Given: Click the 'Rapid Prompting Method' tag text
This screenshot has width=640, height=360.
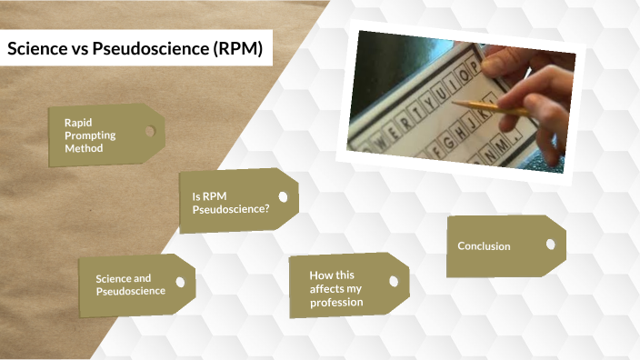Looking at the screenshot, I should [x=84, y=135].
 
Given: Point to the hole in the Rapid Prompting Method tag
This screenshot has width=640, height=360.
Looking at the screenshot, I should [x=149, y=132].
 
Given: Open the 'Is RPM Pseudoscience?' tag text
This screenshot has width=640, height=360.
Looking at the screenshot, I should [x=230, y=202].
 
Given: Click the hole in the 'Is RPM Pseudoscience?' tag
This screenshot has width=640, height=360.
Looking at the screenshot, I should [x=283, y=196].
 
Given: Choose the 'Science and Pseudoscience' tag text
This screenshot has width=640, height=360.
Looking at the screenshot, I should [x=130, y=285].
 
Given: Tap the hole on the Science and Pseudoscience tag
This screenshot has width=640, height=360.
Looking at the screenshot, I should [x=180, y=282].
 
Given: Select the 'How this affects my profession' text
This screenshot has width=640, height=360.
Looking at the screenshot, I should [x=335, y=288].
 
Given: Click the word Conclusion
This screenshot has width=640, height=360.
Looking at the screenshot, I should [x=484, y=246].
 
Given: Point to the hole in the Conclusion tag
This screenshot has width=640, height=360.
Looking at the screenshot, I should [x=548, y=243].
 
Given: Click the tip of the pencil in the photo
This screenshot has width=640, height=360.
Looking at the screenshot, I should [x=454, y=104].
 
